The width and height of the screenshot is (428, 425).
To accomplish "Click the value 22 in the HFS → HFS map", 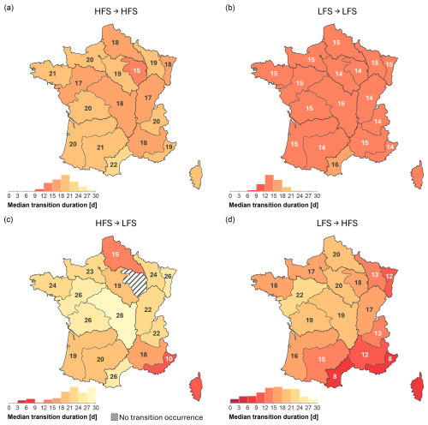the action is click(x=114, y=165).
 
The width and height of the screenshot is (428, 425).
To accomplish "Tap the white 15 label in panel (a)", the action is click(x=137, y=70).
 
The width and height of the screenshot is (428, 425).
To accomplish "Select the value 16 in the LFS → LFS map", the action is click(x=335, y=165).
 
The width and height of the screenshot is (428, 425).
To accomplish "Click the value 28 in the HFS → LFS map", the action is click(x=120, y=315).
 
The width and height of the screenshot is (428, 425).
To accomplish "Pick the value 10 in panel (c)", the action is click(x=169, y=358).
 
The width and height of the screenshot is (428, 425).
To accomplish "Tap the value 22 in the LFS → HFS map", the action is click(x=300, y=295).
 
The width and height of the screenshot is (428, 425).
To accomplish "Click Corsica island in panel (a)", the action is click(x=196, y=175).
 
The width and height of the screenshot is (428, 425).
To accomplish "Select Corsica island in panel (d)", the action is click(x=417, y=386).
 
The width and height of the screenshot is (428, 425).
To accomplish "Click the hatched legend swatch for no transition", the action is click(x=114, y=417).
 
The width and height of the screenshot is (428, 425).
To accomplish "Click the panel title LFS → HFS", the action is click(x=337, y=223).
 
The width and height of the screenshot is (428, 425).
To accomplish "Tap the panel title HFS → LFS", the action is click(x=116, y=223).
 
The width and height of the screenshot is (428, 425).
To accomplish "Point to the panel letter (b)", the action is click(x=230, y=8).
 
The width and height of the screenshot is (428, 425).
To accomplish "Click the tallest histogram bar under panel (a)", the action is click(x=65, y=183).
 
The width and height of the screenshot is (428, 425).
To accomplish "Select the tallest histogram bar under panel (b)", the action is click(x=270, y=183).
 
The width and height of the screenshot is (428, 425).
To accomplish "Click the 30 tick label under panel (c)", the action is click(x=96, y=408).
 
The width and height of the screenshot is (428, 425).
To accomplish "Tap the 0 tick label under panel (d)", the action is click(x=230, y=408).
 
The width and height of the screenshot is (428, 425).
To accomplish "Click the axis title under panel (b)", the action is click(x=273, y=205).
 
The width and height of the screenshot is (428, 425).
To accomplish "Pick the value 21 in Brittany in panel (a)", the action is click(x=52, y=74).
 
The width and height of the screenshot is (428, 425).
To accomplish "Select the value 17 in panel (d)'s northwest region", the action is click(x=311, y=272).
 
